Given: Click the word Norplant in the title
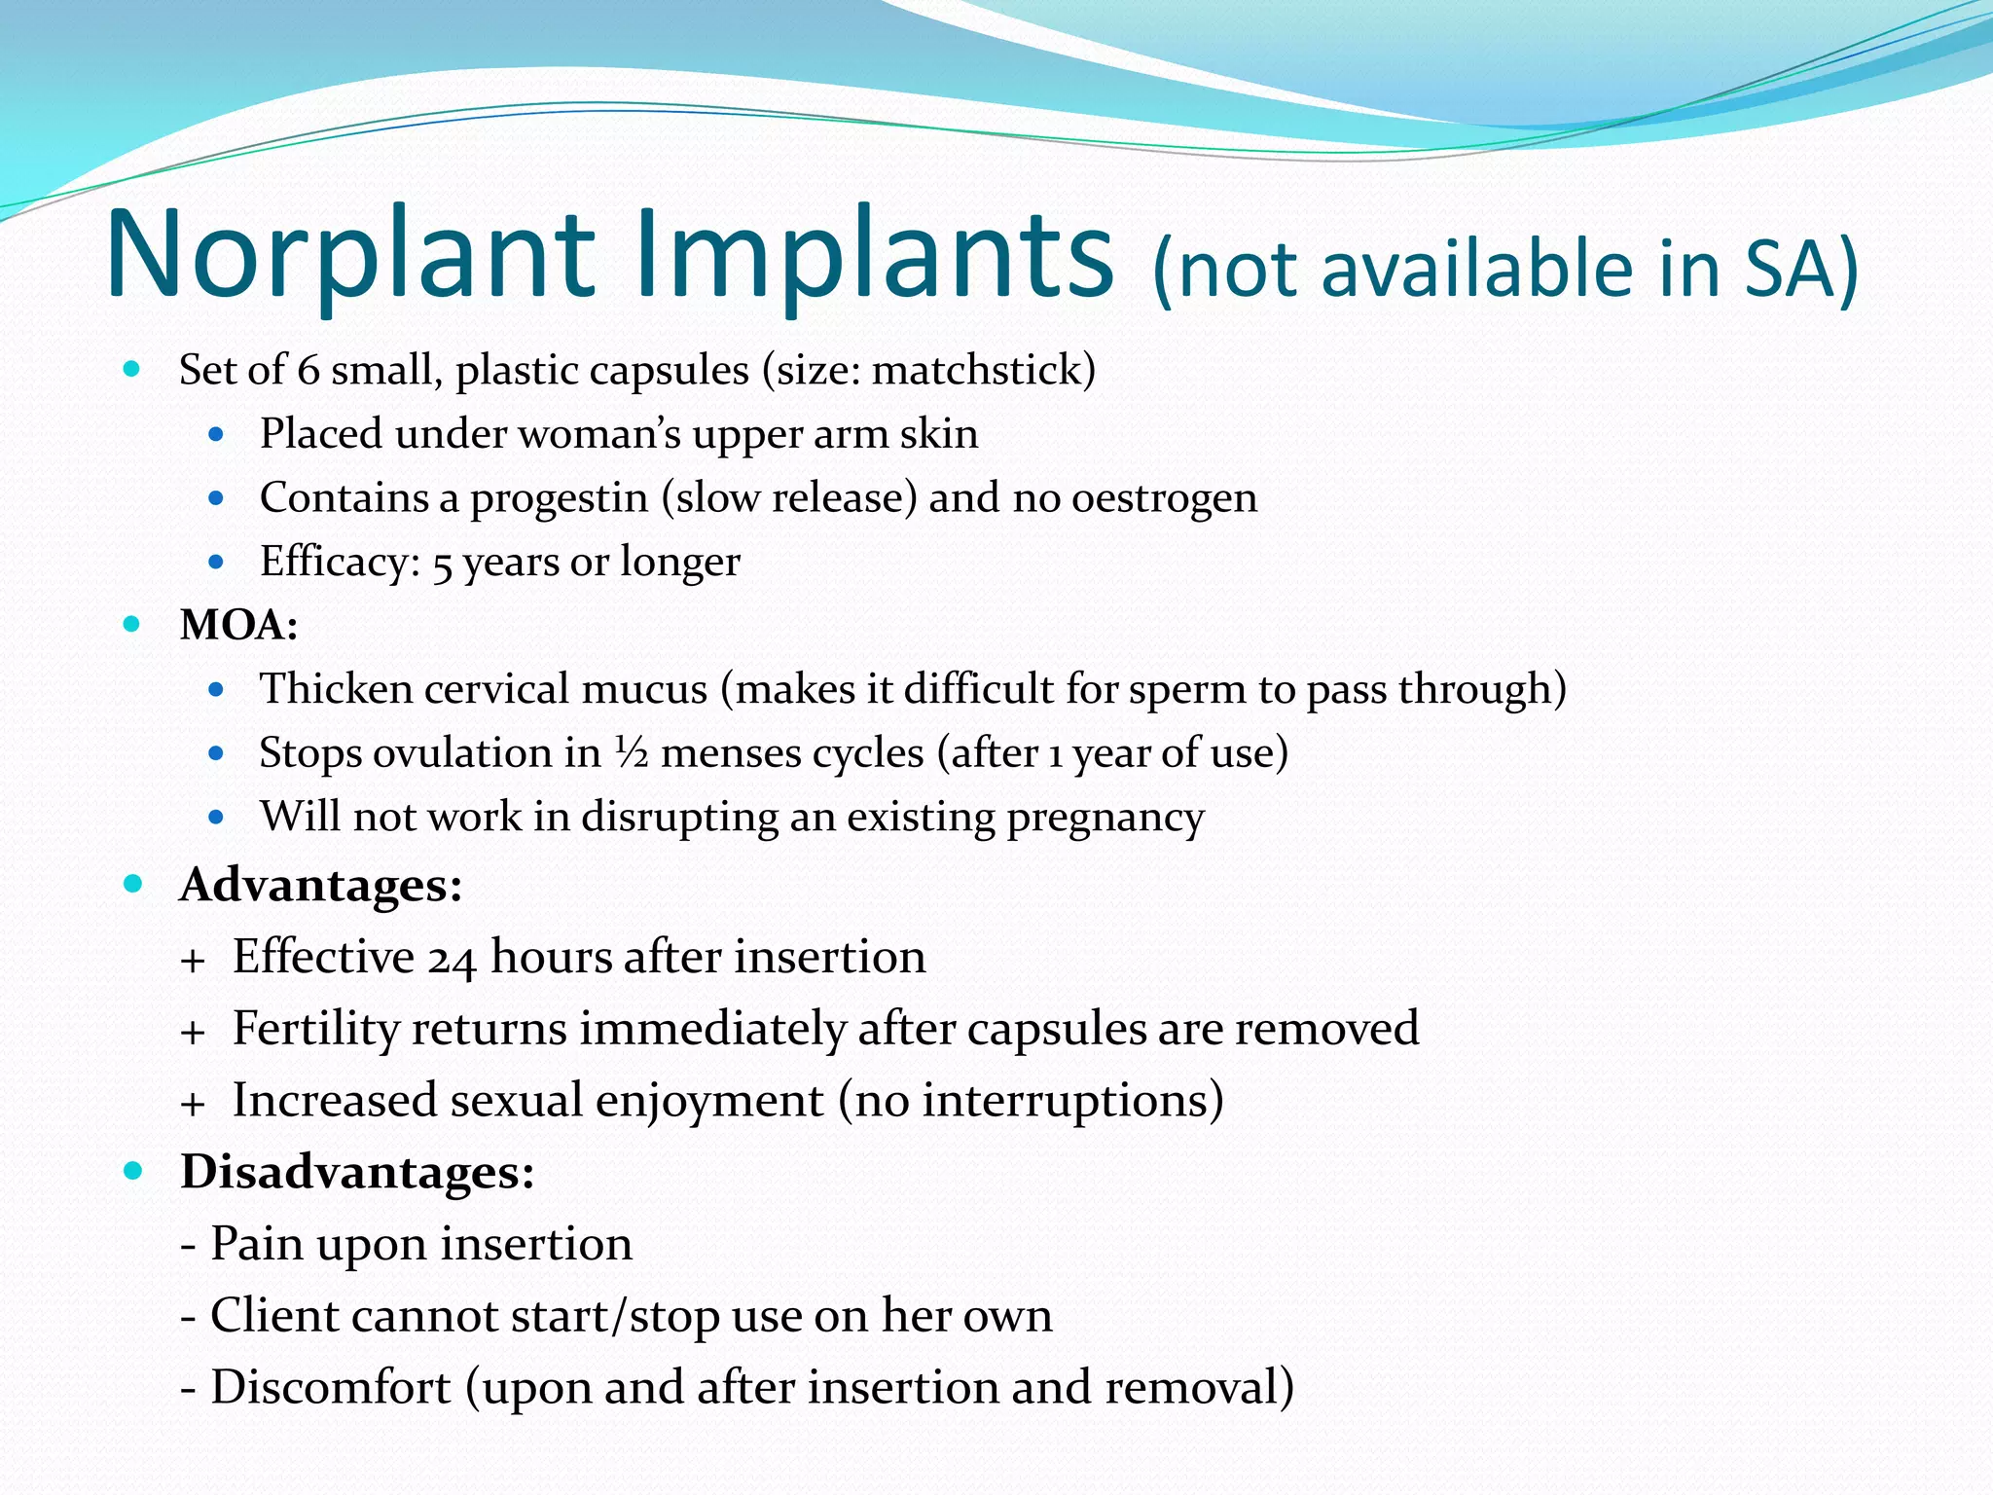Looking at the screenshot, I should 350,255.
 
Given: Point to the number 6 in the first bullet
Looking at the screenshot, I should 308,371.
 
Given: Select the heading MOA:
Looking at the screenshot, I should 238,625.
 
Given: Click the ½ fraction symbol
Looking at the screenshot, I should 632,751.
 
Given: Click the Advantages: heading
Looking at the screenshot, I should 320,886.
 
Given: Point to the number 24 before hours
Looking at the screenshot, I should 452,959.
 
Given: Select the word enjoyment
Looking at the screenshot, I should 709,1102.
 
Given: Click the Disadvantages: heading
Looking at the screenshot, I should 357,1172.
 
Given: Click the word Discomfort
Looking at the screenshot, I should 331,1388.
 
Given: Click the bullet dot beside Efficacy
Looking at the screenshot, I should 216,562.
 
